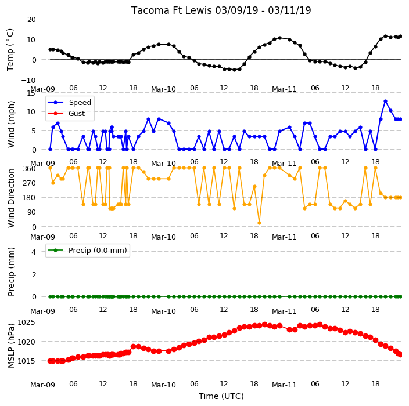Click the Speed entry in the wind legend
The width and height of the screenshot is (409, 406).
click(x=69, y=102)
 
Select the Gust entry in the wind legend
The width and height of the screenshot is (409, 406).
click(x=66, y=114)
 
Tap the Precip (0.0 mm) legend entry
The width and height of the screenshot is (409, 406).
click(x=87, y=251)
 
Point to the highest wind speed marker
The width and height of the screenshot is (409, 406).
click(x=386, y=101)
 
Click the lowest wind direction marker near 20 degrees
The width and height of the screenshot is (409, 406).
click(x=259, y=223)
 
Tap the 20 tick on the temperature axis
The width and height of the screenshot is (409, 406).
click(x=31, y=20)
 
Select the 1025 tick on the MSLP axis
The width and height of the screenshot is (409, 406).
click(x=26, y=322)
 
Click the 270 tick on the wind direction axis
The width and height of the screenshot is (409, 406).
click(x=29, y=183)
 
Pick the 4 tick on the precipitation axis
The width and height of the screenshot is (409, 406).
click(x=34, y=252)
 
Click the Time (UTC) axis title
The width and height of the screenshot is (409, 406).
click(x=221, y=396)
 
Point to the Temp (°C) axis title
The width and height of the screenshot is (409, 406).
click(x=10, y=50)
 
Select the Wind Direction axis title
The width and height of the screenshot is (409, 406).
click(x=11, y=198)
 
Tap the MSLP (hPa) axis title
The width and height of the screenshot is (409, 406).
click(x=11, y=346)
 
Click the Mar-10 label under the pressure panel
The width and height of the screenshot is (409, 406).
click(x=164, y=385)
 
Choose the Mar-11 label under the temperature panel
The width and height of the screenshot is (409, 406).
click(x=284, y=89)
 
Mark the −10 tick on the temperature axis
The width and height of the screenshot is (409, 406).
click(x=28, y=81)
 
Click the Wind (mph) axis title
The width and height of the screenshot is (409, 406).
click(x=11, y=124)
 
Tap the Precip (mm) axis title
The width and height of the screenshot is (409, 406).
click(x=11, y=271)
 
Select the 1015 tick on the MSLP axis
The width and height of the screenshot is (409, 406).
click(x=26, y=361)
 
